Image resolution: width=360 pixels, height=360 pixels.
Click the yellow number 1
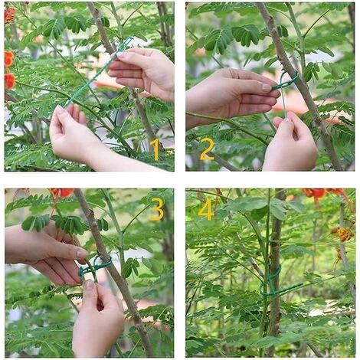pyautogui.click(x=155, y=149)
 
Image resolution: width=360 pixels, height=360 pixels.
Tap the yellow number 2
pyautogui.click(x=207, y=149)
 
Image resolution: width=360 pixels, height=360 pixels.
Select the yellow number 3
pyautogui.click(x=156, y=209)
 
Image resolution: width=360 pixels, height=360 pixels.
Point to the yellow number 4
pyautogui.click(x=206, y=209)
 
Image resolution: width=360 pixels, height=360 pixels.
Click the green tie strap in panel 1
pyautogui.click(x=98, y=71)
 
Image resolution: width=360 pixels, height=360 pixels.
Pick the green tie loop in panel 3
pyautogui.click(x=94, y=267)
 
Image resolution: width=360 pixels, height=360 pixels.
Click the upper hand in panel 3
pyautogui.click(x=46, y=255)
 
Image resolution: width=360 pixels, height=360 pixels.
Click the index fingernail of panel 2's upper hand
pyautogui.click(x=267, y=87)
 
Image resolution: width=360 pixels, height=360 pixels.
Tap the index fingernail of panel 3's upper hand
pyautogui.click(x=82, y=254)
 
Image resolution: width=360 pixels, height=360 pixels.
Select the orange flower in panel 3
pyautogui.click(x=62, y=193)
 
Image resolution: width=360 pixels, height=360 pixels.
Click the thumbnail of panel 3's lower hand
pyautogui.click(x=90, y=284)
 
